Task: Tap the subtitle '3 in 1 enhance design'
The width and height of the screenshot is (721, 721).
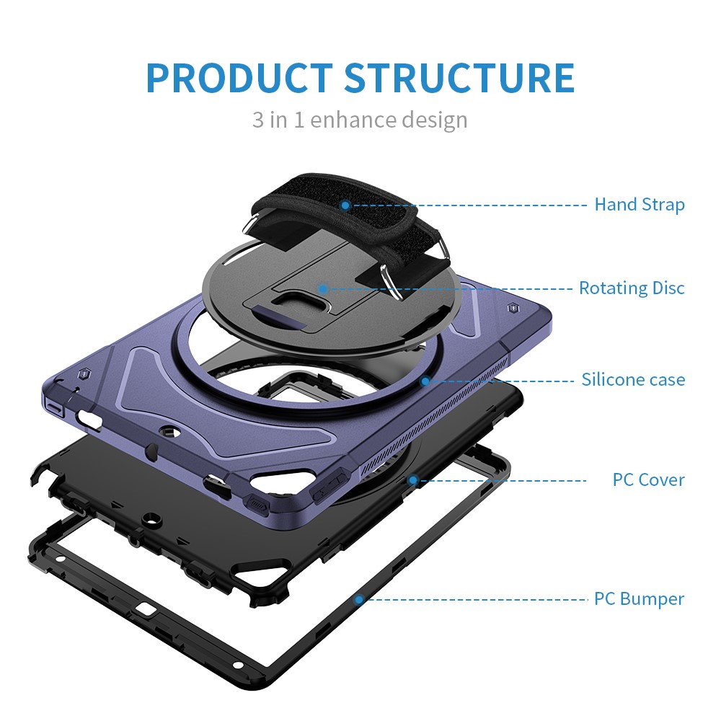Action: [360, 119]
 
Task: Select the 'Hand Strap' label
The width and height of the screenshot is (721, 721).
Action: [639, 205]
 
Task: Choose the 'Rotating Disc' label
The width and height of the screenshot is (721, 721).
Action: [632, 288]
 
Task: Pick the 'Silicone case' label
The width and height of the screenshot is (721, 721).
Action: [633, 379]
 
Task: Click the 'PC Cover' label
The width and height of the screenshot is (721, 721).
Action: [648, 479]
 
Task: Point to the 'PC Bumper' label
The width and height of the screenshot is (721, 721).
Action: [639, 598]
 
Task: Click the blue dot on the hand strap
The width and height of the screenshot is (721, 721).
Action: [345, 205]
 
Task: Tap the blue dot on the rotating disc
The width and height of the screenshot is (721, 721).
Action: [323, 289]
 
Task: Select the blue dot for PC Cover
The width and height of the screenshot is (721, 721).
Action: [413, 479]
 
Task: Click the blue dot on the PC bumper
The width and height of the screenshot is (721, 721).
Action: [358, 598]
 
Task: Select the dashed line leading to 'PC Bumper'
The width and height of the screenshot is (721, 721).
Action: [476, 598]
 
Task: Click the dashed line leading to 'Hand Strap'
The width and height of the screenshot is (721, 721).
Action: [469, 205]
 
